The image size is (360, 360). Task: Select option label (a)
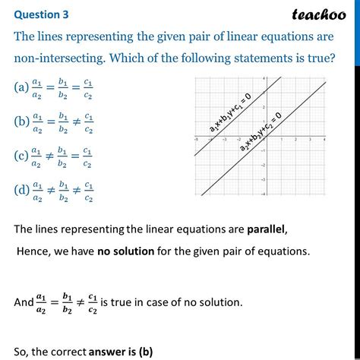tap(21, 87)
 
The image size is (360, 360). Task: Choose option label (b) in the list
tap(21, 120)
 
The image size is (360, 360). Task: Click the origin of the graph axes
tap(262, 140)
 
